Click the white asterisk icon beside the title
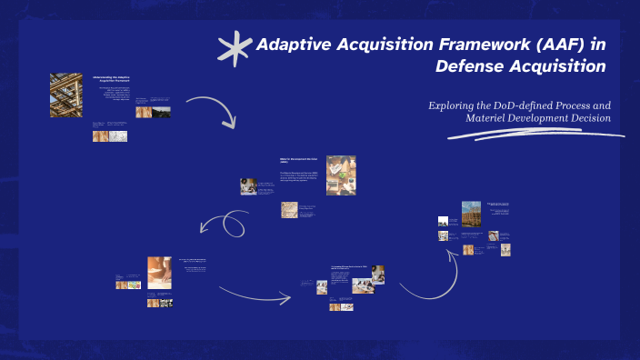coord(235,49)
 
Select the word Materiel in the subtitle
coord(491,119)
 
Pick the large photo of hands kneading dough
coord(160,272)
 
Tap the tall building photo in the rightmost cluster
coord(471,218)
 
